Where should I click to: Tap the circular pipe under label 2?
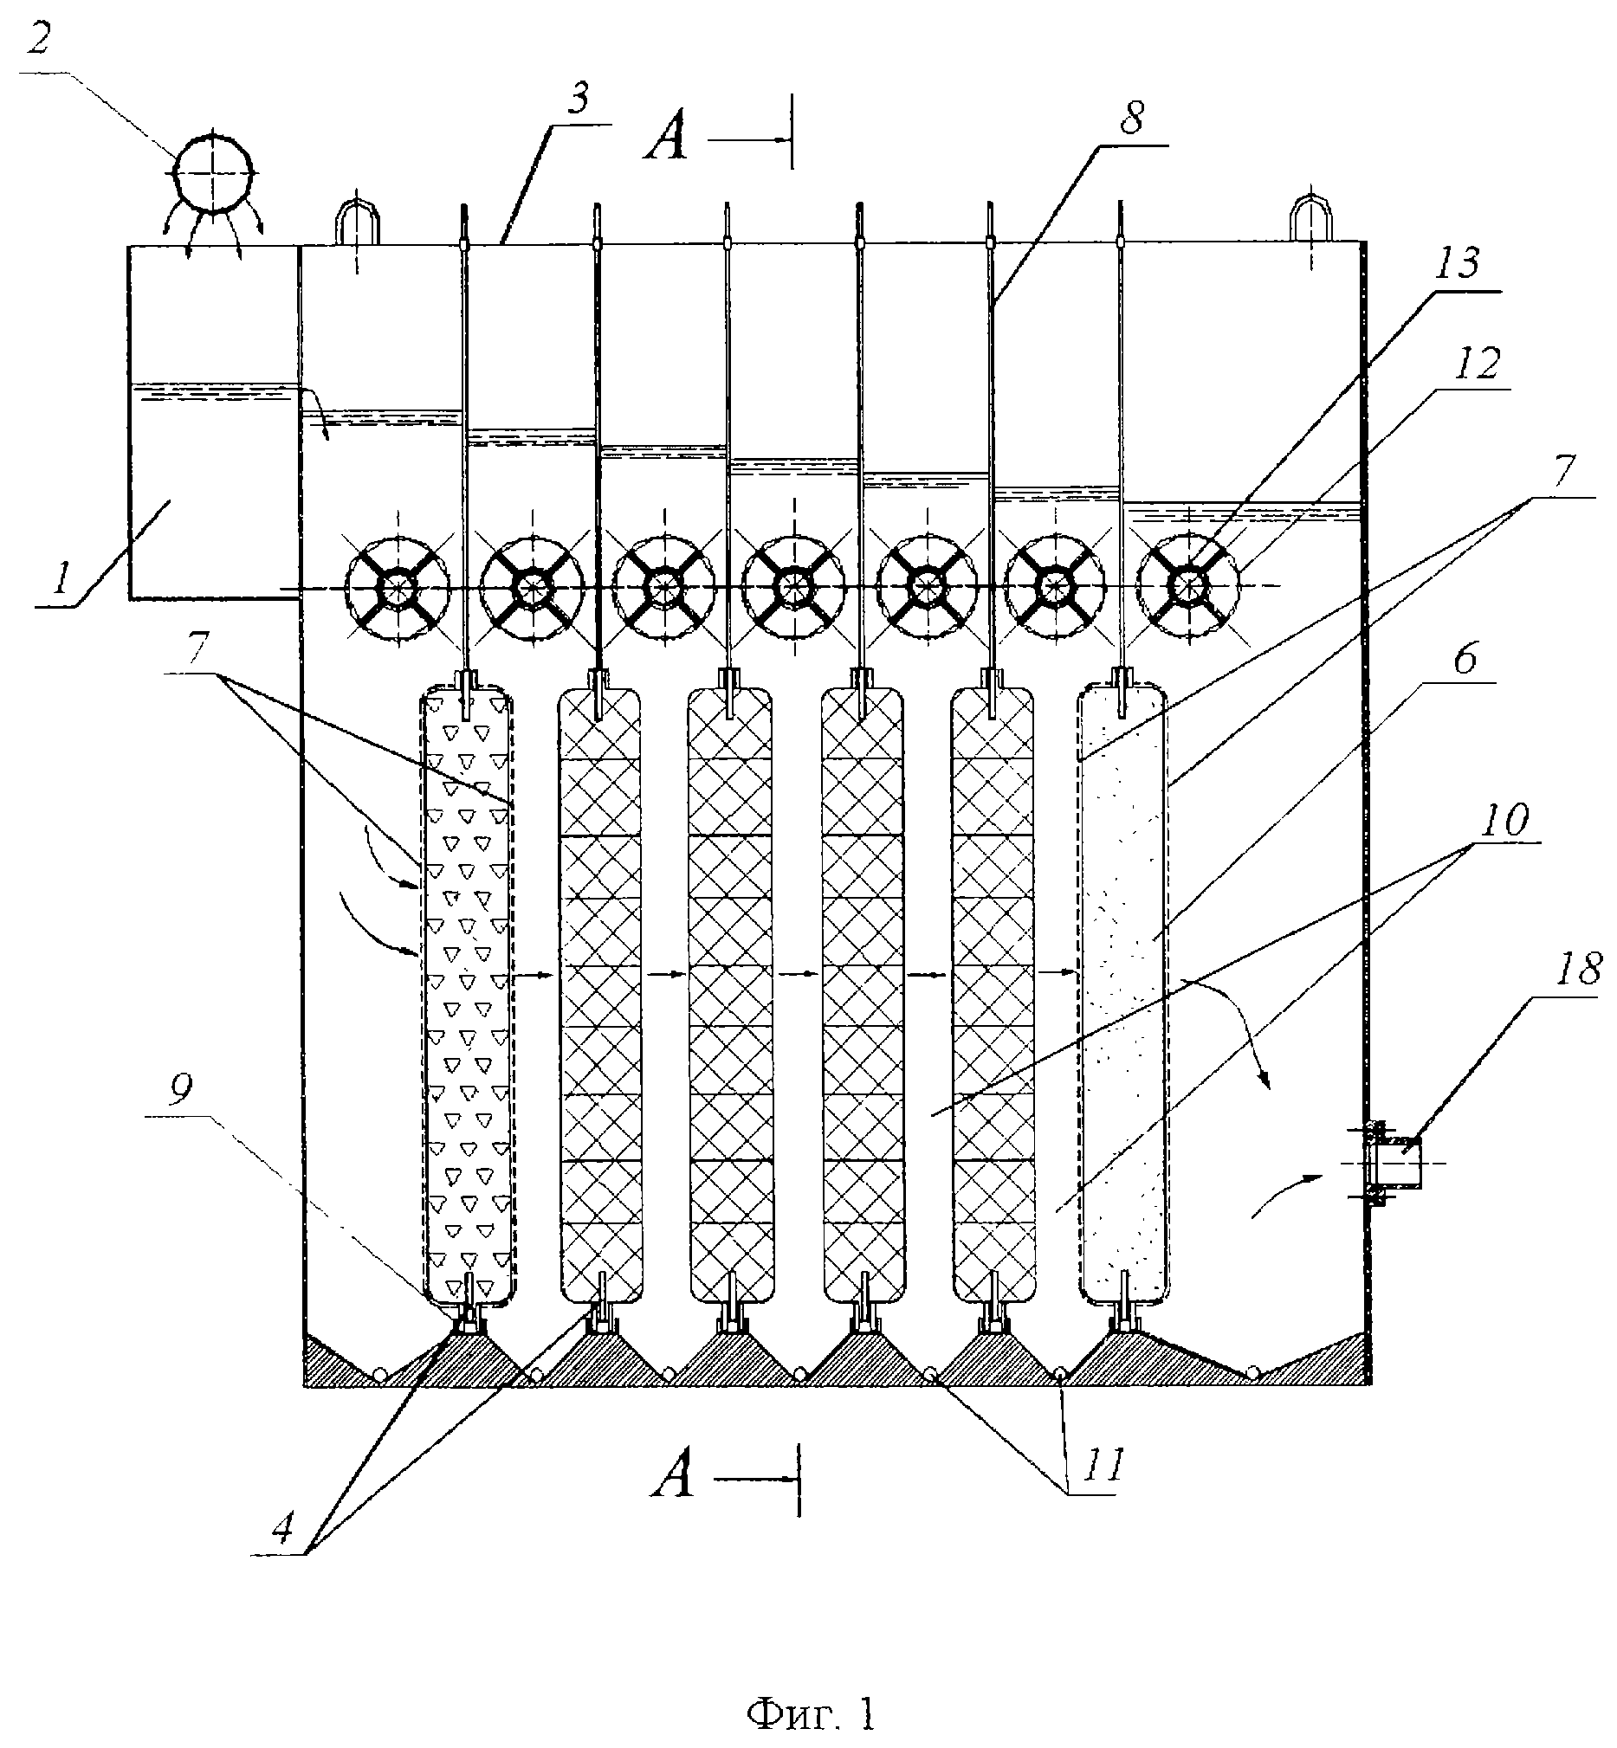point(214,172)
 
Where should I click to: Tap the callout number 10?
point(1505,820)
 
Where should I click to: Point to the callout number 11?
point(1102,1466)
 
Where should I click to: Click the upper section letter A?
point(666,141)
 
